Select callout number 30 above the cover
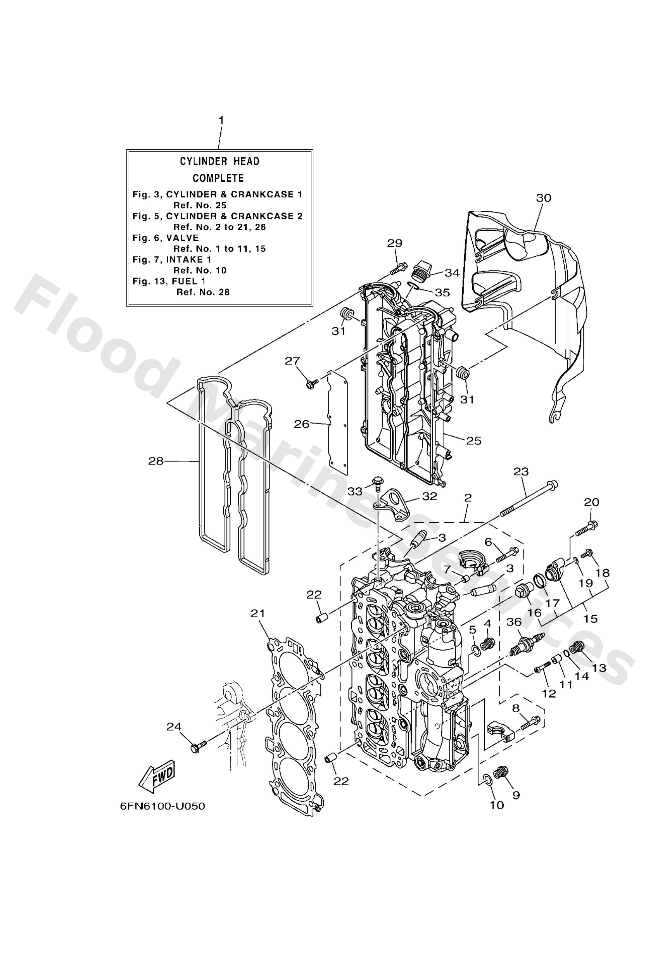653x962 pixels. point(543,198)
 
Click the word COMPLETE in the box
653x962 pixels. point(218,178)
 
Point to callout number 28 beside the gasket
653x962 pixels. point(156,461)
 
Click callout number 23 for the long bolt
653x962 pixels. point(521,472)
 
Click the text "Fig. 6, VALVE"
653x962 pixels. point(166,238)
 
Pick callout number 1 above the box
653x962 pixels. point(221,121)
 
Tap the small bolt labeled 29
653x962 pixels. point(397,268)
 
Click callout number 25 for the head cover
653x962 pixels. point(474,441)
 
